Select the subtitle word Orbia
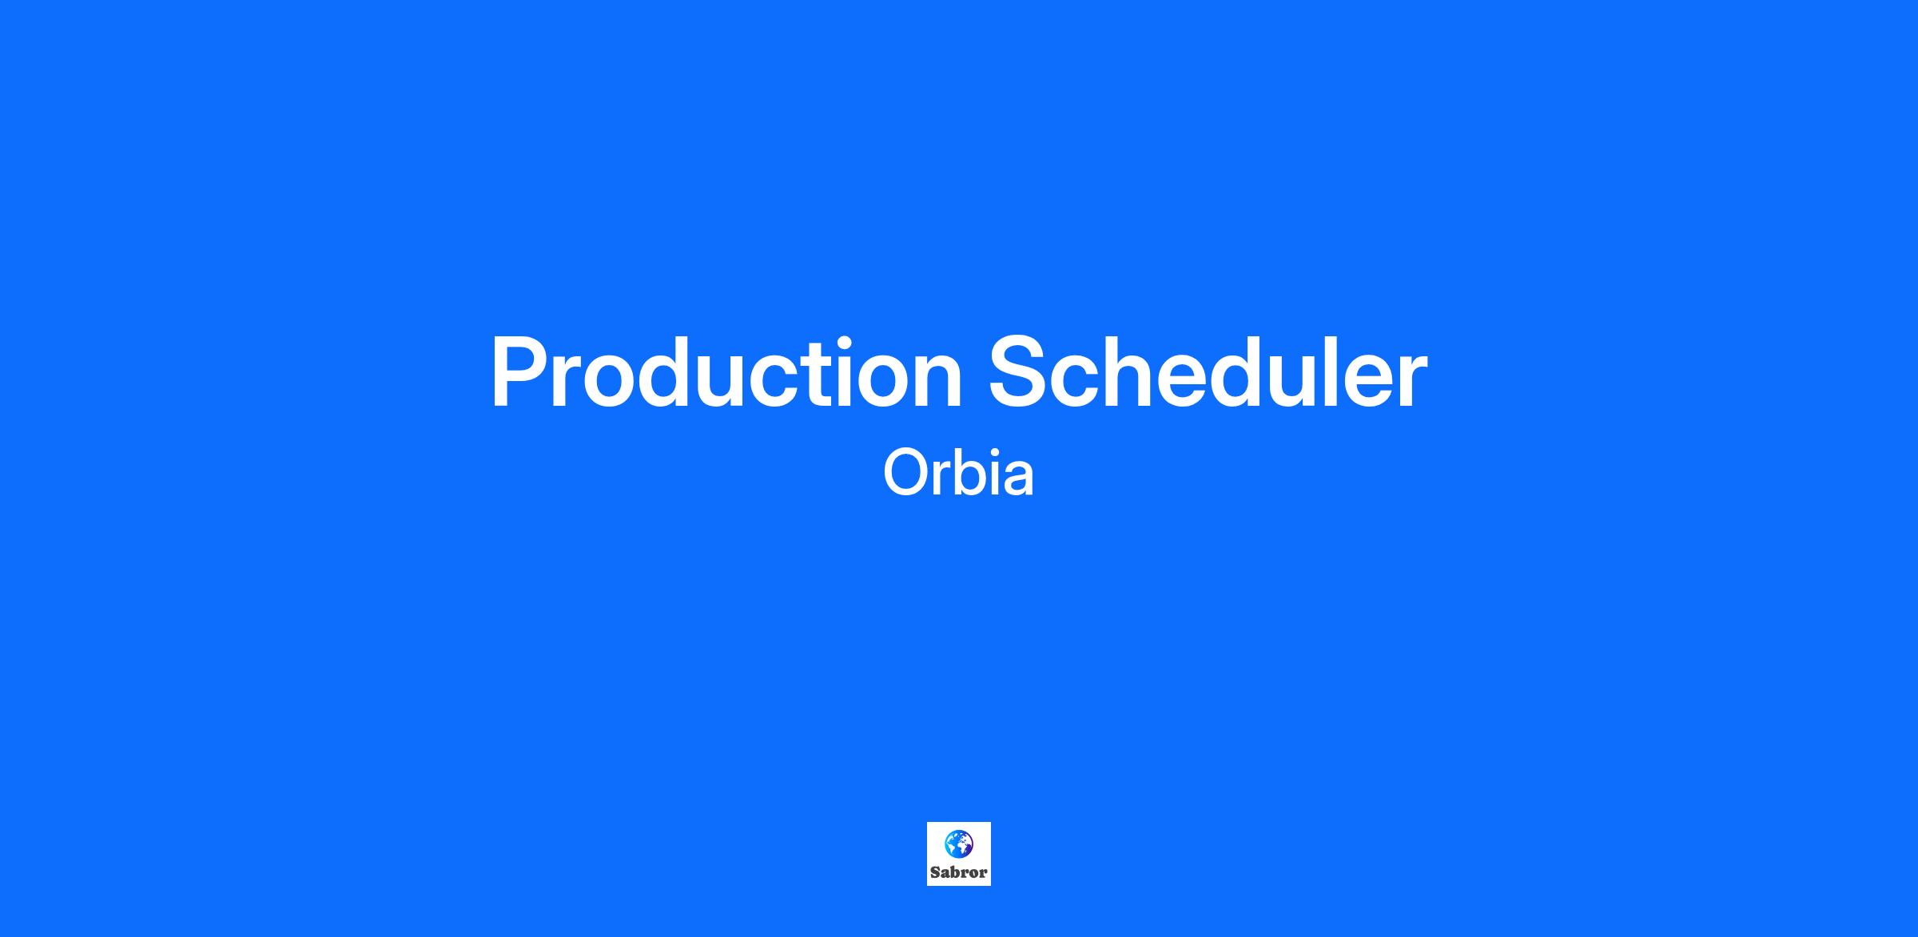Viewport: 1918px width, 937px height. click(x=958, y=474)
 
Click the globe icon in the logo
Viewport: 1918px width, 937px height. click(x=958, y=844)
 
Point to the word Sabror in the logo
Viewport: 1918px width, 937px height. click(x=958, y=872)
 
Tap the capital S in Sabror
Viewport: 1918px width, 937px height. click(x=934, y=872)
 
